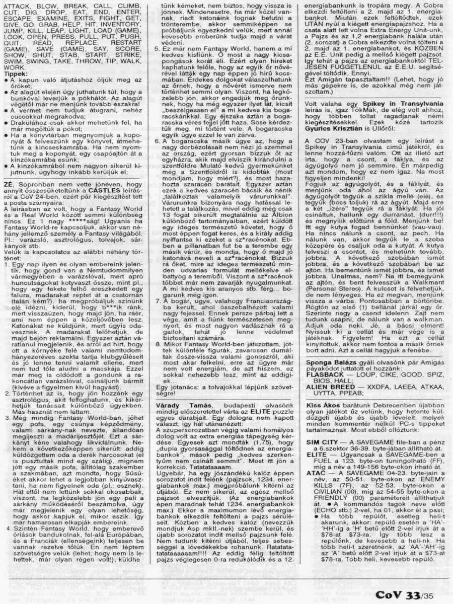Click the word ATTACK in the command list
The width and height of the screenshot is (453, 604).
click(16, 6)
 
